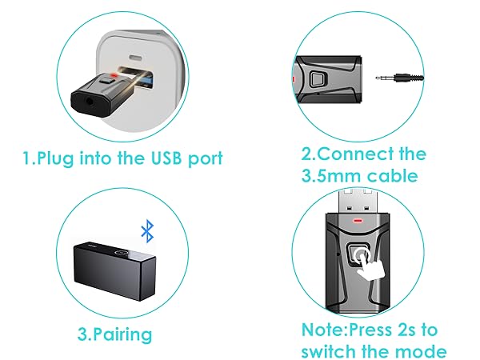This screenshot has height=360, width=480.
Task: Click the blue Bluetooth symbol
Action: coord(146,232)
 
